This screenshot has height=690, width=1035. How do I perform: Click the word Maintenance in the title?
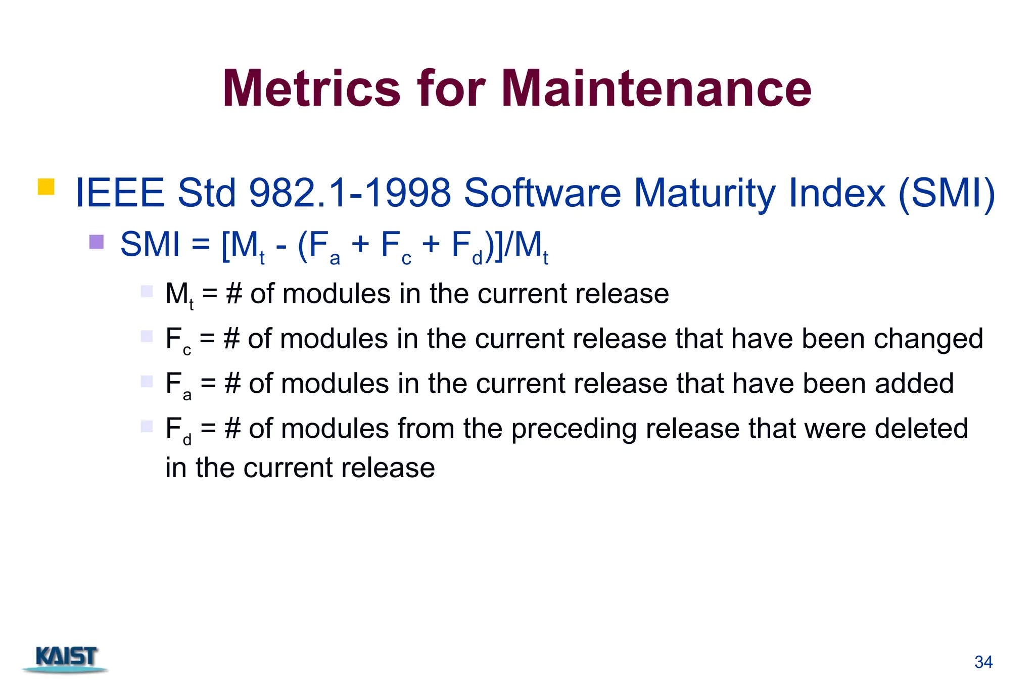pyautogui.click(x=656, y=89)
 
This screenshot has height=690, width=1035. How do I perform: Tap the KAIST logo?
pyautogui.click(x=66, y=659)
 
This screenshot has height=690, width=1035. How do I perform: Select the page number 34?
pyautogui.click(x=983, y=662)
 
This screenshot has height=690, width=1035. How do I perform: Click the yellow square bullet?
pyautogui.click(x=46, y=187)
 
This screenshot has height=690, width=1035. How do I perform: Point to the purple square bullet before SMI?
pyautogui.click(x=96, y=242)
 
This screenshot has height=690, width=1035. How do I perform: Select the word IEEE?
pyautogui.click(x=120, y=193)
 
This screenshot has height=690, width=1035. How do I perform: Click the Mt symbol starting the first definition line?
pyautogui.click(x=179, y=295)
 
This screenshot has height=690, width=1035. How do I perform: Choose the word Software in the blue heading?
pyautogui.click(x=542, y=193)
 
